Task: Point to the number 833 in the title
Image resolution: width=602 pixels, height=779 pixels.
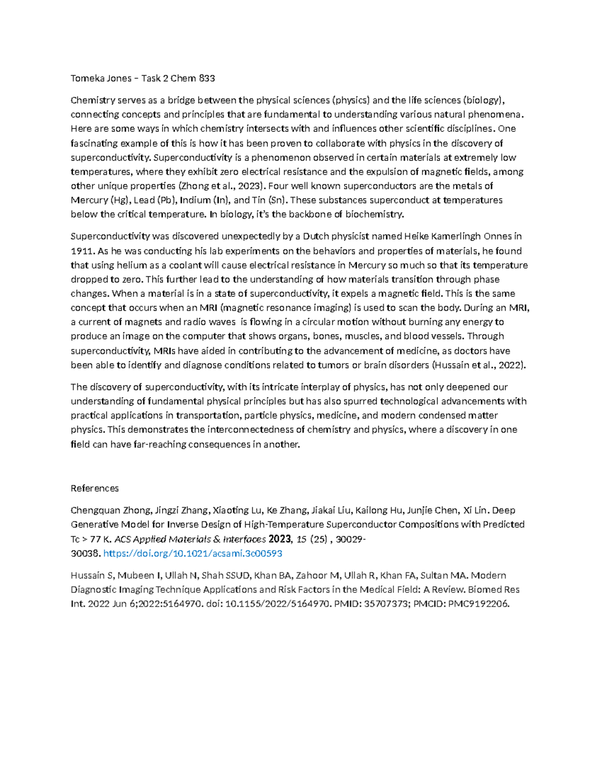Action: pyautogui.click(x=207, y=78)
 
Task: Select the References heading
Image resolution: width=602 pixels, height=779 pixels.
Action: pyautogui.click(x=95, y=489)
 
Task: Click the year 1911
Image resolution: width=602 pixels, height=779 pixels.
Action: pyautogui.click(x=81, y=251)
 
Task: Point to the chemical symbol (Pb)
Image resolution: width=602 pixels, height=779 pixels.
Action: pyautogui.click(x=165, y=200)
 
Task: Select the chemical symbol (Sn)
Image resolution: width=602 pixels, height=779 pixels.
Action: pyautogui.click(x=277, y=200)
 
